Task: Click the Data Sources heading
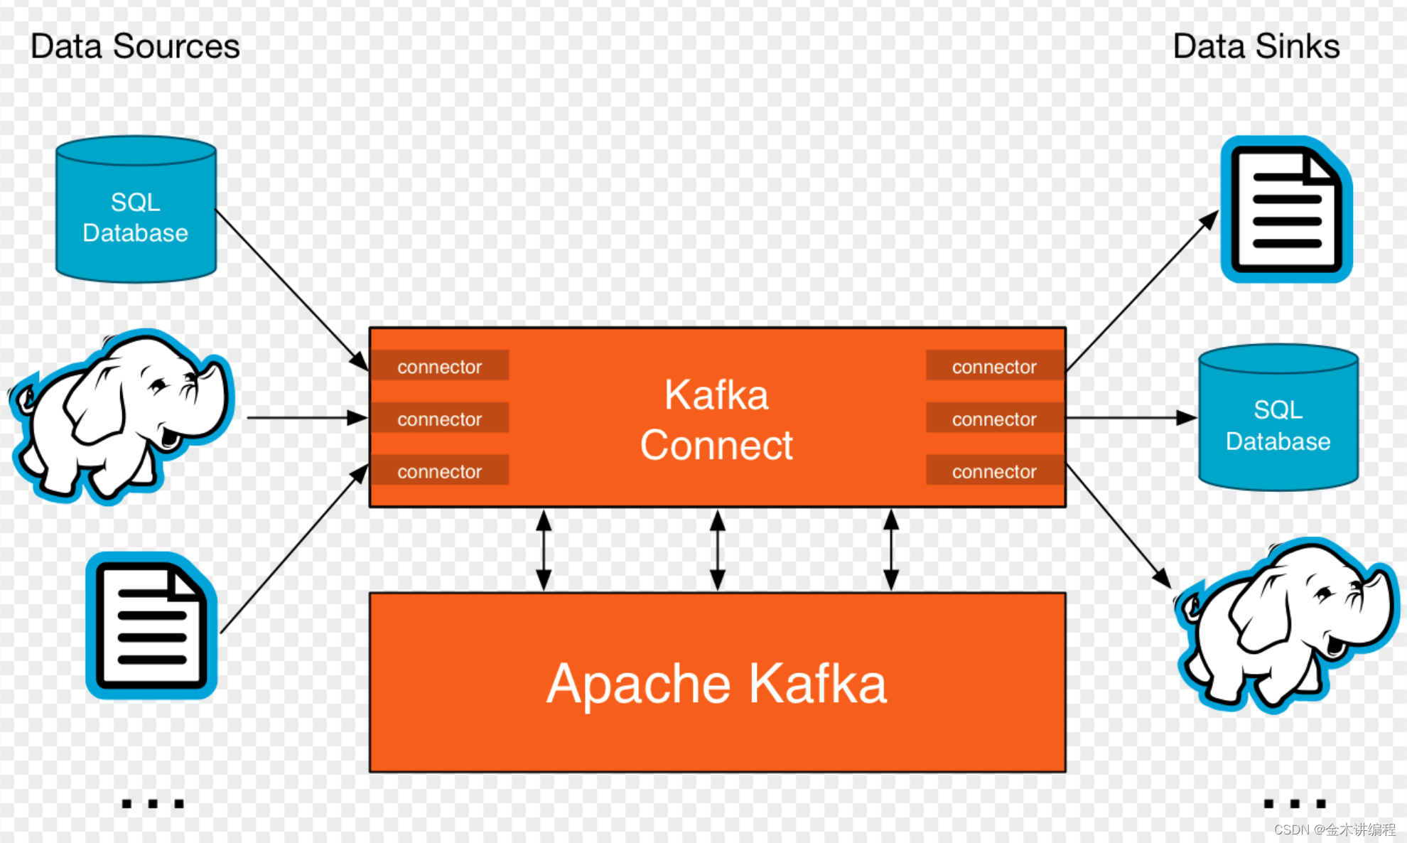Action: (135, 47)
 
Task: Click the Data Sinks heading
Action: (1256, 47)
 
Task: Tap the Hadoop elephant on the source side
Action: (121, 416)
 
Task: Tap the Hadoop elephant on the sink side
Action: (1286, 625)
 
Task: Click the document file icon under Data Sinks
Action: (1286, 210)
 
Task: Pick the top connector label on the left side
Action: (440, 367)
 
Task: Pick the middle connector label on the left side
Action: (440, 419)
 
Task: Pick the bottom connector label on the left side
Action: (440, 471)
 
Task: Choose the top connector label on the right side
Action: (994, 367)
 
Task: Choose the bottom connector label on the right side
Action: (994, 471)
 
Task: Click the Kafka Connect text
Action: (716, 419)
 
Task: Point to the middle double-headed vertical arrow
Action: (718, 550)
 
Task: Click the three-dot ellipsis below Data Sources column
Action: (153, 804)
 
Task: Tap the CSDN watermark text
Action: (1334, 829)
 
